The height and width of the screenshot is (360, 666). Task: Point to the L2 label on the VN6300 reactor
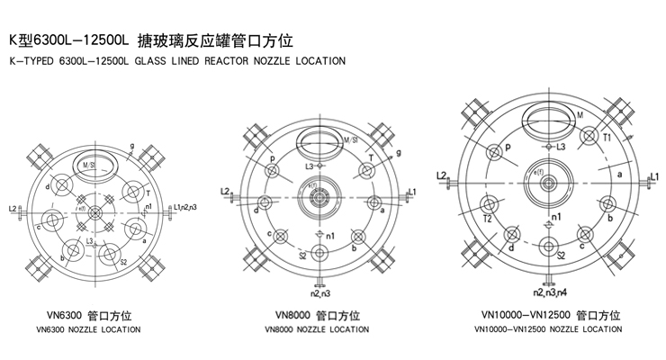(x=13, y=209)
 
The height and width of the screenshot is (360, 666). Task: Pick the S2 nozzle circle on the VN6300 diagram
(x=112, y=253)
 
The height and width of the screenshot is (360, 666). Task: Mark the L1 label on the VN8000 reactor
(x=411, y=191)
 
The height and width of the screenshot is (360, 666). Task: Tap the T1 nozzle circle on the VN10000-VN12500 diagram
(x=589, y=137)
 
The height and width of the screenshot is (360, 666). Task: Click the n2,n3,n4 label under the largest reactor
(x=548, y=294)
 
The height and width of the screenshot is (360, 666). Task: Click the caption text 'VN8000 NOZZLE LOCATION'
(x=317, y=329)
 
